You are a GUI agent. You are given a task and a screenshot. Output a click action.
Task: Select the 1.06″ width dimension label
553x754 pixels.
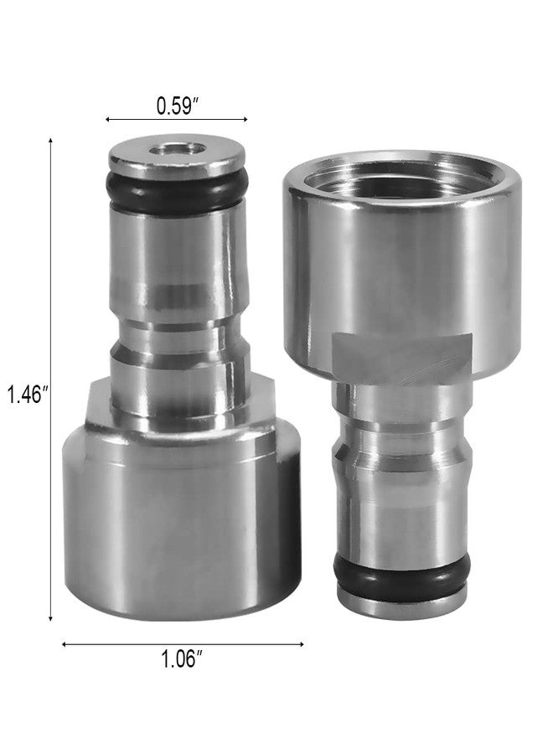(x=180, y=658)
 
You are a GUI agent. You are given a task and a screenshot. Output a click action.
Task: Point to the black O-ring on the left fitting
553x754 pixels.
(x=178, y=191)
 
